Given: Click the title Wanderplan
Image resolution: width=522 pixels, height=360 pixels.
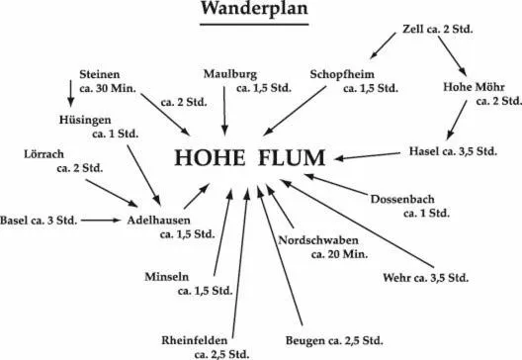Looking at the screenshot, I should (x=253, y=10).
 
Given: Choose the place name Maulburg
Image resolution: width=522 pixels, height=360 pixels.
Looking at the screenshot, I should (x=230, y=75).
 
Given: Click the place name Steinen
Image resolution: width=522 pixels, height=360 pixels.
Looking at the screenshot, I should (x=101, y=75).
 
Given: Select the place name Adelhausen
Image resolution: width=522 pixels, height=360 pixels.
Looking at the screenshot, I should (x=159, y=220).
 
